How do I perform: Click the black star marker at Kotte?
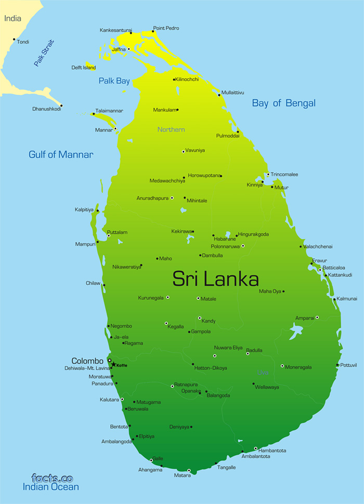click(113, 365)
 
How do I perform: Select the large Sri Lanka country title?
click(215, 279)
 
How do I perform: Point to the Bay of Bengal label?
click(283, 103)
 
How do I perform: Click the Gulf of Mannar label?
click(61, 154)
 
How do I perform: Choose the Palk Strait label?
click(44, 53)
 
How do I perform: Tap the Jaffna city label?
click(119, 49)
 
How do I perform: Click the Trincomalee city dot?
click(268, 175)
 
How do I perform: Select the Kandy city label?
click(209, 321)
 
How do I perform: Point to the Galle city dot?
click(151, 460)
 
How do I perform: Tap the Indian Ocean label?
click(50, 487)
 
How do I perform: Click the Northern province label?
click(171, 129)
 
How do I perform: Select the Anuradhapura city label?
click(152, 198)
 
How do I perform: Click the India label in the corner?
click(13, 19)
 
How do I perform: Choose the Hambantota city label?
click(272, 450)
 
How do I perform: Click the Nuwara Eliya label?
click(228, 348)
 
